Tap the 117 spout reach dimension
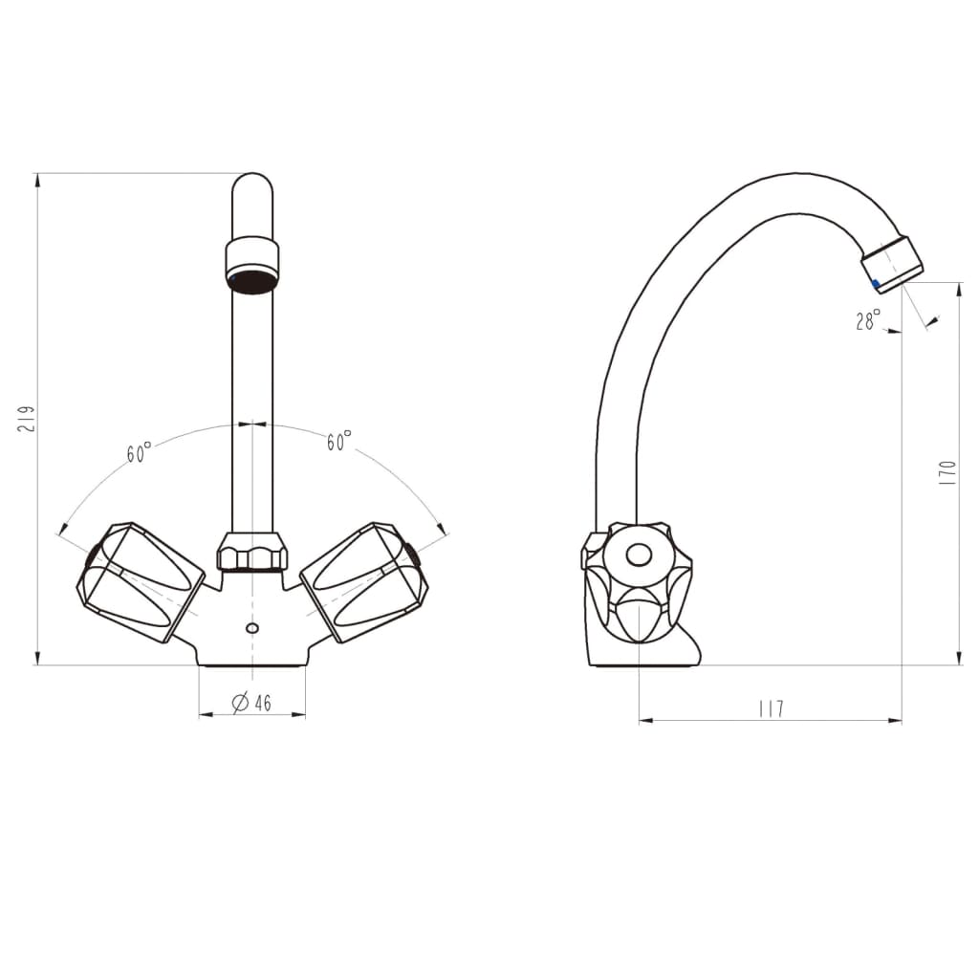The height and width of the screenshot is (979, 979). tap(770, 708)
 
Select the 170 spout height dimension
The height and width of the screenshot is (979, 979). tap(947, 473)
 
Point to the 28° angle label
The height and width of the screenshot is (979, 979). tap(867, 321)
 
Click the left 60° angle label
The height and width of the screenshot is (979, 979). tap(140, 453)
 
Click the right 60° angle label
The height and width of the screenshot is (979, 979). tap(338, 442)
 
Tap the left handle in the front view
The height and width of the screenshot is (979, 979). tap(140, 581)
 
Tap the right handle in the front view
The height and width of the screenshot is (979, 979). tap(364, 580)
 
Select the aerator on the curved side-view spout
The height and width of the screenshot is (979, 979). tap(892, 262)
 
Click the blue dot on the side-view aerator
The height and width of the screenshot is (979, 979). tap(875, 284)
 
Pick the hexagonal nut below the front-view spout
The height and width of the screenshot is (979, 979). tap(252, 552)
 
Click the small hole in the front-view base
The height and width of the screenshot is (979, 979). tap(252, 628)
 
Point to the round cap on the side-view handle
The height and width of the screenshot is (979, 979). tap(638, 555)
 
